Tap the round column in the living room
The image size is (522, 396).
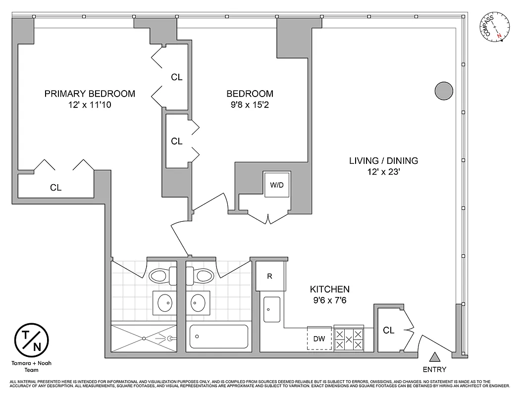444,91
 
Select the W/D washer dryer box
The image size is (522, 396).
276,185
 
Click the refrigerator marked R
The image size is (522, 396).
270,276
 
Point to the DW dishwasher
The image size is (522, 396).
319,339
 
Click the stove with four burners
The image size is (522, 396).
349,339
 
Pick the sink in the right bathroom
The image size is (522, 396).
198,301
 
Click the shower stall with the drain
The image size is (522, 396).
144,338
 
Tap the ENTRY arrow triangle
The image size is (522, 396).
434,357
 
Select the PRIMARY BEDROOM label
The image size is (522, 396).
90,94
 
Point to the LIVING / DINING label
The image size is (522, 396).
383,161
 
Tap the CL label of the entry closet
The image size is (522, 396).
389,330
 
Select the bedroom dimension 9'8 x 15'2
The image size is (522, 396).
250,105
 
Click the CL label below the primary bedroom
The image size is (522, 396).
55,188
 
